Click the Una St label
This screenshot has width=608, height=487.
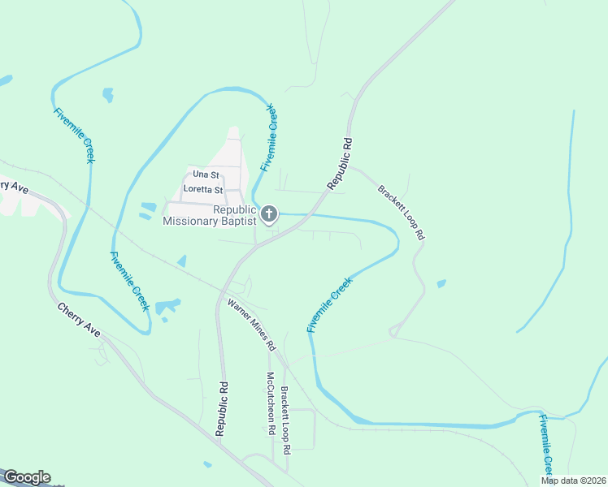coord(206,175)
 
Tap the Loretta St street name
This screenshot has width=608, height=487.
coord(203,190)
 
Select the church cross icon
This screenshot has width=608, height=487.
coord(269,214)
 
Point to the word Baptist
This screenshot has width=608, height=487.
coord(237,221)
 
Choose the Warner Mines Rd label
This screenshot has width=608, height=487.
coord(252,325)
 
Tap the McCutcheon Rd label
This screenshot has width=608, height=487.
coord(271,403)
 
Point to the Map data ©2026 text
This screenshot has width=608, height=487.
coord(573,481)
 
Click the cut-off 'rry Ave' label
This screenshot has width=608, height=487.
coord(14,186)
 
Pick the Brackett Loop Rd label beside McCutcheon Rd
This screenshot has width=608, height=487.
coord(286,420)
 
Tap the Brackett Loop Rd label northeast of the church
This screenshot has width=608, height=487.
coord(402,211)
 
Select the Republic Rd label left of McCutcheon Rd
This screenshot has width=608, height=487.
coord(220,409)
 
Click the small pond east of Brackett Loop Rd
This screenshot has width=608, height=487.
coord(441,284)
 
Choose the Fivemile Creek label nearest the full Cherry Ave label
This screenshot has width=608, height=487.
coord(130,281)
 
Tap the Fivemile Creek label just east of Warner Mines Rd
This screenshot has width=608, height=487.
coord(329,304)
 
